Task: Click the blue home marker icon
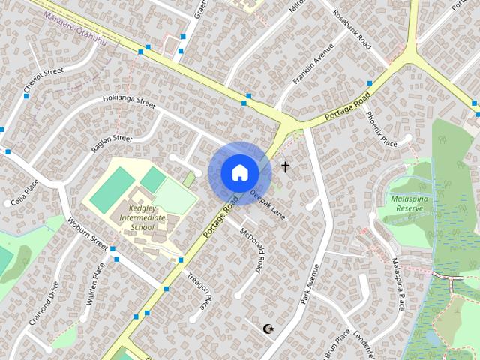(239, 172)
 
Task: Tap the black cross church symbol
(285, 166)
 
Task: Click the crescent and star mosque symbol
(269, 328)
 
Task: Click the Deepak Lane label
(268, 204)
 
